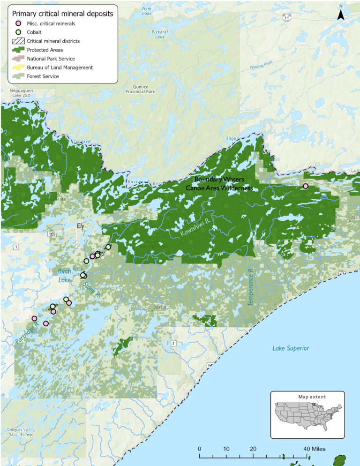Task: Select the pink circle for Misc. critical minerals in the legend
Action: [x=18, y=23]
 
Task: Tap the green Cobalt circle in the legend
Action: [x=18, y=32]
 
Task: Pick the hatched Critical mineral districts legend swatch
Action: [x=18, y=41]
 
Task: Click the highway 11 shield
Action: [x=285, y=17]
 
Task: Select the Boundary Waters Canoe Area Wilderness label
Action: [x=219, y=183]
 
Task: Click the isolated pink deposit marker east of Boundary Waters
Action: [x=305, y=186]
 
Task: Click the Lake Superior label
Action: [x=291, y=348]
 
